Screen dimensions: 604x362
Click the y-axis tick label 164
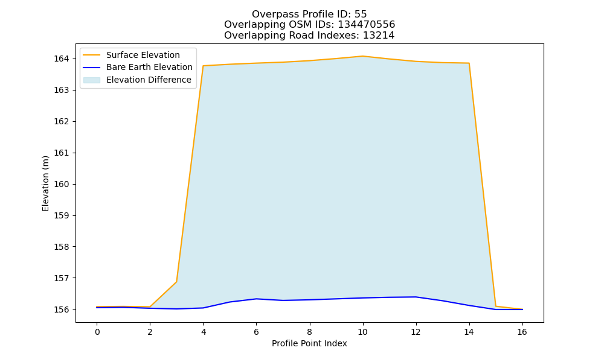[61, 59]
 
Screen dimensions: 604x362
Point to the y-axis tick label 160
[61, 184]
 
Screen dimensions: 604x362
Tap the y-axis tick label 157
[61, 278]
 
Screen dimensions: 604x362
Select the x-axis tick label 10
[362, 332]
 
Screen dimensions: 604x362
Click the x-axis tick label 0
[97, 332]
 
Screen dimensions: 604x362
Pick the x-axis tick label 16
[522, 332]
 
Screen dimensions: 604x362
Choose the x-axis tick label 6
[256, 332]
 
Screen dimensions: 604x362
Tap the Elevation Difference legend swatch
[92, 80]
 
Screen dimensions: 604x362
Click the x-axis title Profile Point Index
[309, 343]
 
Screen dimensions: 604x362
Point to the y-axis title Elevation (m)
[45, 183]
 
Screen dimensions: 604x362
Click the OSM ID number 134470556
[367, 25]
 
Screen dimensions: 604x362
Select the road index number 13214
[379, 36]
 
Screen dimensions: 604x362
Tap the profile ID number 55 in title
[361, 14]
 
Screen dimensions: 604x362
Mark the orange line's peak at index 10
[362, 56]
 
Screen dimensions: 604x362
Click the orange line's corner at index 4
[203, 66]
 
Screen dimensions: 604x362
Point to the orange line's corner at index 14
[469, 63]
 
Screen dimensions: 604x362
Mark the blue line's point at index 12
[416, 297]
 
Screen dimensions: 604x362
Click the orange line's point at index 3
[176, 282]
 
